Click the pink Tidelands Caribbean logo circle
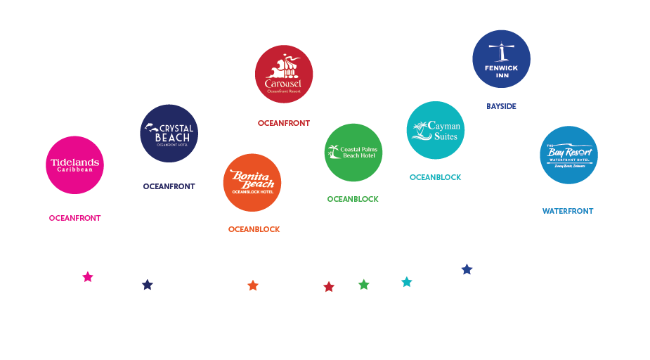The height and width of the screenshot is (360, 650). click(x=74, y=165)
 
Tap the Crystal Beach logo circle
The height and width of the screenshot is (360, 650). click(x=169, y=133)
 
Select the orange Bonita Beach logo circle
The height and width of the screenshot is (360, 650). click(x=252, y=182)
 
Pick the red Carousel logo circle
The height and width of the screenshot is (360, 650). click(x=283, y=74)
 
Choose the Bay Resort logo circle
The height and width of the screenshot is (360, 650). click(x=568, y=155)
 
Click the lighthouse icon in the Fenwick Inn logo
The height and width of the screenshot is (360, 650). click(x=501, y=51)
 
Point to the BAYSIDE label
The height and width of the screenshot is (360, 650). click(x=501, y=106)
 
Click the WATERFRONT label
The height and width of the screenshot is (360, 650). click(x=568, y=211)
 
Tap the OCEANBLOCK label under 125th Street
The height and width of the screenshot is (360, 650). click(x=436, y=177)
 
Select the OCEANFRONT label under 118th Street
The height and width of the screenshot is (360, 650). click(x=283, y=123)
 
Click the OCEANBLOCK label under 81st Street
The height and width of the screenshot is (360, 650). click(x=254, y=229)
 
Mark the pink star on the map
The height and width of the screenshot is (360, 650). click(x=87, y=277)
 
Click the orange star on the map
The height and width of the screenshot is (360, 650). click(x=253, y=285)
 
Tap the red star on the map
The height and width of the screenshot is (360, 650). click(x=328, y=287)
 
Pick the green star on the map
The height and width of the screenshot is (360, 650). click(x=363, y=285)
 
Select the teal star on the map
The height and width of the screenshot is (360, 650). click(x=406, y=282)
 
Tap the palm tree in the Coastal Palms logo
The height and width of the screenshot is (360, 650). click(x=333, y=150)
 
